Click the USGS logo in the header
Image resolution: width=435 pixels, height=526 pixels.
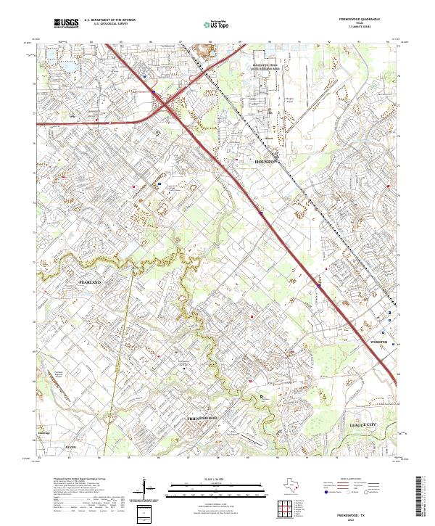click(x=66, y=24)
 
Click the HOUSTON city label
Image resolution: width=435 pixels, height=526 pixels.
click(x=265, y=163)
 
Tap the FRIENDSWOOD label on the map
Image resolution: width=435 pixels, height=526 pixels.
click(x=202, y=419)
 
